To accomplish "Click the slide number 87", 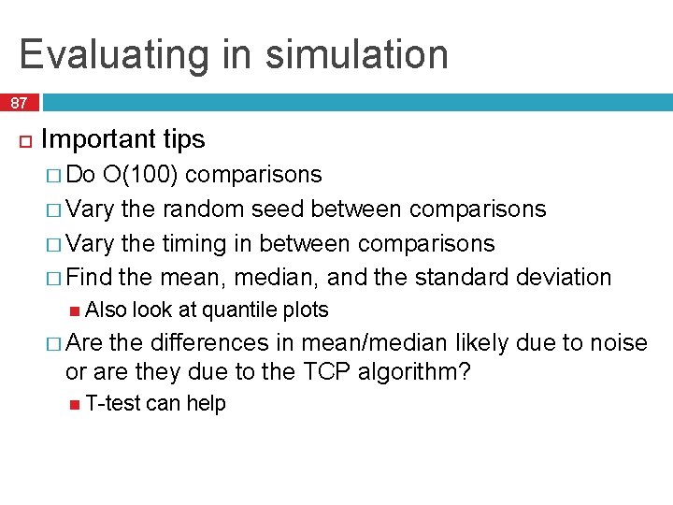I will click(20, 103).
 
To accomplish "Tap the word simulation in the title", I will click(357, 54).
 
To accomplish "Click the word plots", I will click(305, 310).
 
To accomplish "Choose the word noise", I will click(617, 343).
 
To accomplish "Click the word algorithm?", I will click(415, 372).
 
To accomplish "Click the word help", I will click(206, 403).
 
